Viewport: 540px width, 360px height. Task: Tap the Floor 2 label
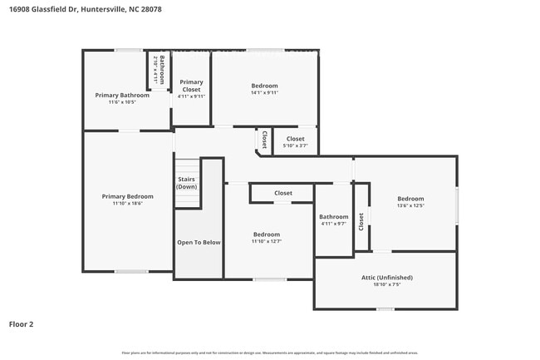pos(22,324)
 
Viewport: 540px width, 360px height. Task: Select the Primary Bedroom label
pos(127,196)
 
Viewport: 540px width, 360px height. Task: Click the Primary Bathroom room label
pos(122,95)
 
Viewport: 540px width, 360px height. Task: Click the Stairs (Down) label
pos(186,183)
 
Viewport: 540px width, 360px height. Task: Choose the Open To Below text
pos(199,242)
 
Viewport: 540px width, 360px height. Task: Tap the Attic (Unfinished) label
pos(386,277)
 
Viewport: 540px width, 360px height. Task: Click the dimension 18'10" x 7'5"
pos(386,284)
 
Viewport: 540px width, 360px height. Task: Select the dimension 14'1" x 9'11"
pos(264,92)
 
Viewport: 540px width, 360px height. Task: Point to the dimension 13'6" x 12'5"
pos(410,206)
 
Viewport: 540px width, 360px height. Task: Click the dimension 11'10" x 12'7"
pos(267,242)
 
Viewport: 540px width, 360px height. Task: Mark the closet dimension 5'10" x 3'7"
pos(295,146)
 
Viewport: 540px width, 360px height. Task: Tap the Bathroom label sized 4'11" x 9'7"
pos(333,216)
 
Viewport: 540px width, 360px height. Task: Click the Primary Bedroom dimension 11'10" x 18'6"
pos(127,204)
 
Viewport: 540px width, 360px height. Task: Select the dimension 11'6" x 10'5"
pos(122,102)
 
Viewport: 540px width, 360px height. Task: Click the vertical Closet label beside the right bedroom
pos(361,221)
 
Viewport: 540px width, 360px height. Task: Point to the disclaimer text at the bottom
pos(270,353)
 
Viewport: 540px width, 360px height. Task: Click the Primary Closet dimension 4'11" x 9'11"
pos(191,96)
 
